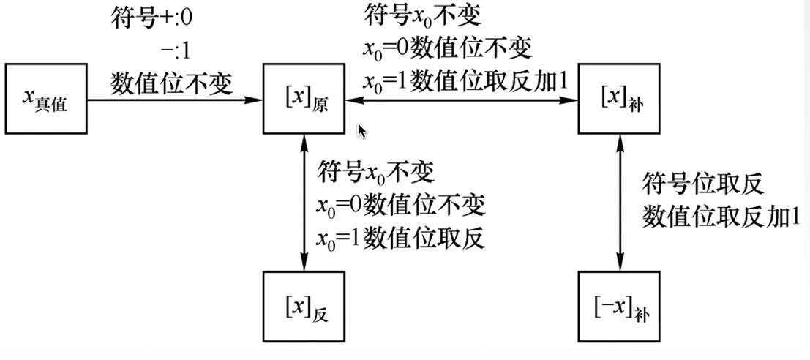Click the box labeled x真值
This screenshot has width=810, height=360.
[45, 99]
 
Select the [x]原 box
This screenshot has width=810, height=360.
[304, 99]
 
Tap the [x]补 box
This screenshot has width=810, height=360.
[620, 99]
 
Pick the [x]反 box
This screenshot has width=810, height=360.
[304, 306]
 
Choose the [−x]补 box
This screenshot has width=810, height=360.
[620, 306]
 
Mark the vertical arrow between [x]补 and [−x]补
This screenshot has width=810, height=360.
[620, 203]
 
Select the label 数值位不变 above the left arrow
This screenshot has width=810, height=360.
[172, 83]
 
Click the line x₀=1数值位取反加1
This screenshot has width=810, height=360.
[465, 82]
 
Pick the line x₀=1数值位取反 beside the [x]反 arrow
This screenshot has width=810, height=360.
[401, 239]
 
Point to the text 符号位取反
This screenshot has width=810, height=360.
[703, 183]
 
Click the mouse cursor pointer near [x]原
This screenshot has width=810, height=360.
[361, 132]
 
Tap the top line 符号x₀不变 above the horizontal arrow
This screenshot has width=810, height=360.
[422, 15]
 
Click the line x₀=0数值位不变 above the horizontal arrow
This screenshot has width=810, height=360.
[447, 48]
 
